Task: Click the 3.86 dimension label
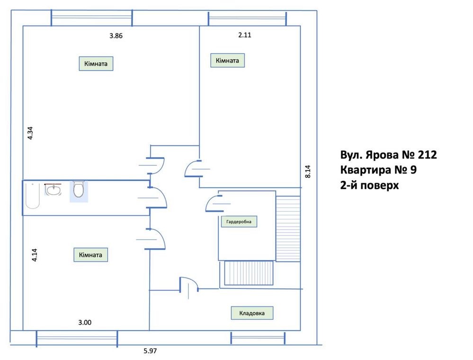[116, 36]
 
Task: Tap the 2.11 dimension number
[245, 35]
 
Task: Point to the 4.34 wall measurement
[30, 133]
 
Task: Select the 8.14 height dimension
[308, 171]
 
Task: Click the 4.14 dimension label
[35, 255]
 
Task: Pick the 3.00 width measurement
[85, 323]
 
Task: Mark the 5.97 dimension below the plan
[150, 351]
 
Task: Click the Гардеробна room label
[239, 222]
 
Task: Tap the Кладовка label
[252, 313]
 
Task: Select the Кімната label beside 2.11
[227, 61]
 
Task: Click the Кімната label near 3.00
[90, 255]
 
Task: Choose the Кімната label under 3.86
[96, 63]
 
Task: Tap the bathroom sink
[54, 189]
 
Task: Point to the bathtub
[33, 195]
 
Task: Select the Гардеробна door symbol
[214, 203]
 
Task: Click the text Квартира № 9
[378, 170]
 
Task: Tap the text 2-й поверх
[369, 185]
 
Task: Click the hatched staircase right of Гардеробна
[288, 228]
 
